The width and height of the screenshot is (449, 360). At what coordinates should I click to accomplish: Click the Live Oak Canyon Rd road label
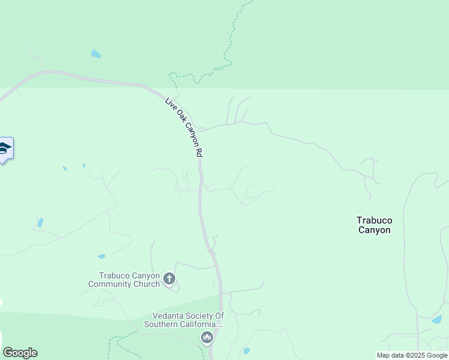click(x=183, y=127)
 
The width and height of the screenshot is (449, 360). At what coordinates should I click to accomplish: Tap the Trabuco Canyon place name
click(x=374, y=225)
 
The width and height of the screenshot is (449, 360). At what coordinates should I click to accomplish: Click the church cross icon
click(x=169, y=278)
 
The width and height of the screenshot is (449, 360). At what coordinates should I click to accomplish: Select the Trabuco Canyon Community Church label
click(x=124, y=280)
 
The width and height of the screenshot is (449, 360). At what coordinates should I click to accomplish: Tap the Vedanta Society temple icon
click(x=207, y=338)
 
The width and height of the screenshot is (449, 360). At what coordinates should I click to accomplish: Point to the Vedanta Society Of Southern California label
click(x=183, y=320)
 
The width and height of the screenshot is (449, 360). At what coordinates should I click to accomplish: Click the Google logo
click(x=19, y=353)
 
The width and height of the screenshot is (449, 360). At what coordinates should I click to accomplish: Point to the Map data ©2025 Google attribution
click(x=412, y=355)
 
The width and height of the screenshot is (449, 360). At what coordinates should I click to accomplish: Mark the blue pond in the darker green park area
click(x=95, y=54)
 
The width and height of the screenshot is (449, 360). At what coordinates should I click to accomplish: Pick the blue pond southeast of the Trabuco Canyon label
click(x=436, y=320)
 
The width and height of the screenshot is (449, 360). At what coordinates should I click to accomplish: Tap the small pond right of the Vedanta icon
click(x=246, y=350)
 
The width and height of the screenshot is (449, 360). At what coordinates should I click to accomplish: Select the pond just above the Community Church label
click(x=101, y=257)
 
